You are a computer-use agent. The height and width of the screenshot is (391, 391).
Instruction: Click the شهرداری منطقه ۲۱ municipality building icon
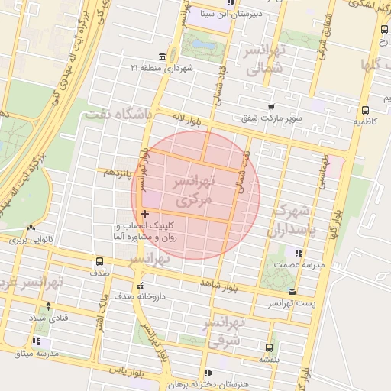coord(161,57)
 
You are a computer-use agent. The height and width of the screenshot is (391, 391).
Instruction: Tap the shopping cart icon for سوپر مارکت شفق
coord(271,107)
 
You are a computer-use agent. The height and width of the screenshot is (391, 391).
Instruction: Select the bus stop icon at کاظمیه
coord(364,108)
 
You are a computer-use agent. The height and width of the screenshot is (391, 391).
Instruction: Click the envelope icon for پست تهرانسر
coord(292,291)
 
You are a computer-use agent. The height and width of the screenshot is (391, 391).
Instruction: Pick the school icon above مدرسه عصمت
coord(298,252)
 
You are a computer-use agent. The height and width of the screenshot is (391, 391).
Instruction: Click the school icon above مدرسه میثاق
coord(36,341)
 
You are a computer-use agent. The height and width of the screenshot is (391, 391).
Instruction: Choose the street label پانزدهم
coord(118,173)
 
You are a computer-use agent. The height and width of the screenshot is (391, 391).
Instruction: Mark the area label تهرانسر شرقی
coord(224,334)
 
